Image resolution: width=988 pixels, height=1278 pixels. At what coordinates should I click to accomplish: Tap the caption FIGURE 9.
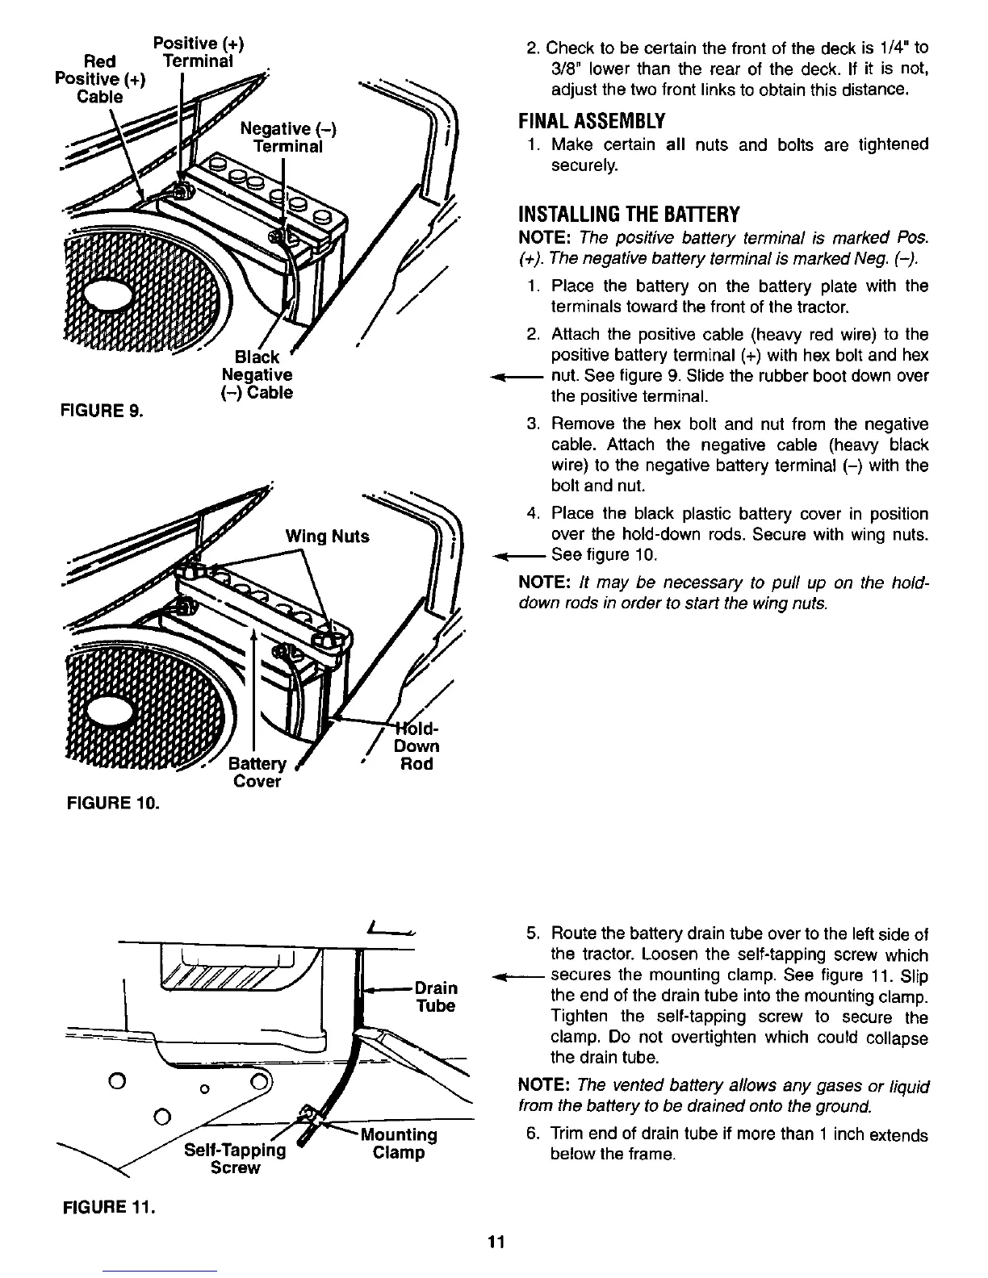[103, 411]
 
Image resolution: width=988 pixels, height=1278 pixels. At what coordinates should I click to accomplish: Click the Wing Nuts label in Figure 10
[328, 537]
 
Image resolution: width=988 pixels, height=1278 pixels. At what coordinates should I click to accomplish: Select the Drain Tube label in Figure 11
[435, 996]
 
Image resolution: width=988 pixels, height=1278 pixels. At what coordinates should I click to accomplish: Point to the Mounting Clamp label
[399, 1144]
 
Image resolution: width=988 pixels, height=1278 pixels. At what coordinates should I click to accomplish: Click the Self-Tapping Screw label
[235, 1159]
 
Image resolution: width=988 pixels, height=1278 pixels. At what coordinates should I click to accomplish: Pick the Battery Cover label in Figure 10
[257, 773]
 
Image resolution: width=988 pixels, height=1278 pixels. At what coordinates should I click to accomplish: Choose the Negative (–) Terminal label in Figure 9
[287, 138]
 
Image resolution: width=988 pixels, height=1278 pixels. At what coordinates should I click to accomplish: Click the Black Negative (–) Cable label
[257, 375]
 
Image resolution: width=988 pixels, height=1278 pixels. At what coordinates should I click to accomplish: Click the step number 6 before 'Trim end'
[532, 1134]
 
